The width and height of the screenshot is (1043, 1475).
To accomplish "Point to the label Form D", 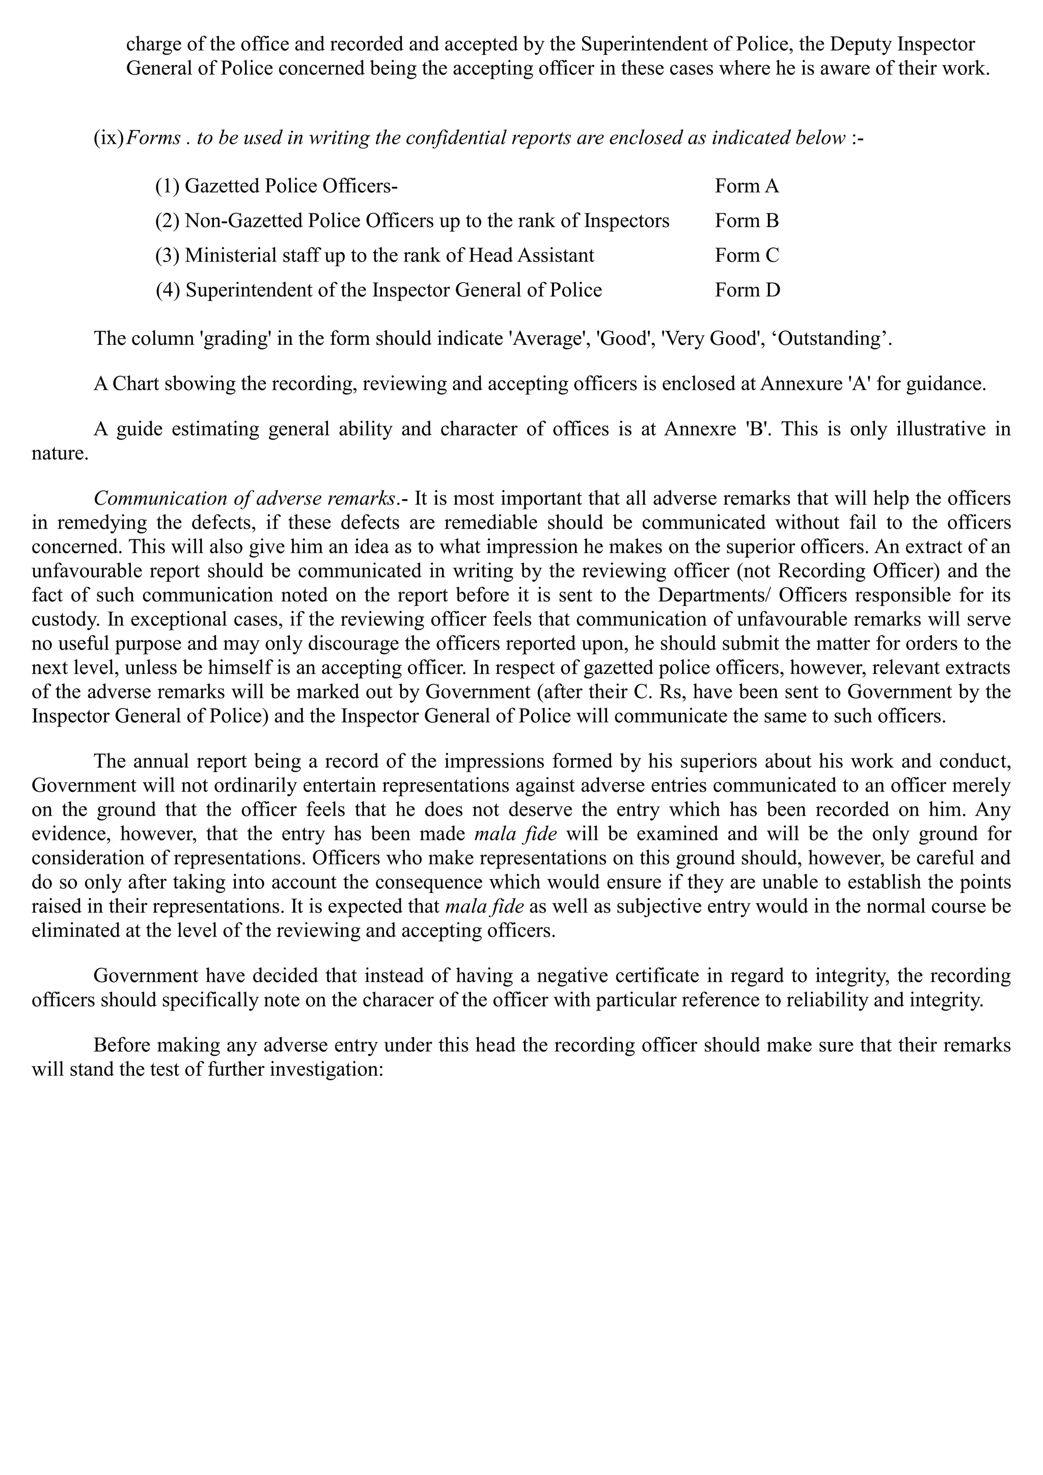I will click(x=747, y=290).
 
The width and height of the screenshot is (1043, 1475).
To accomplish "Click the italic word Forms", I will click(x=153, y=138).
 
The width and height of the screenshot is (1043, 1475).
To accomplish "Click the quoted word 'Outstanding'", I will click(x=835, y=339).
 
